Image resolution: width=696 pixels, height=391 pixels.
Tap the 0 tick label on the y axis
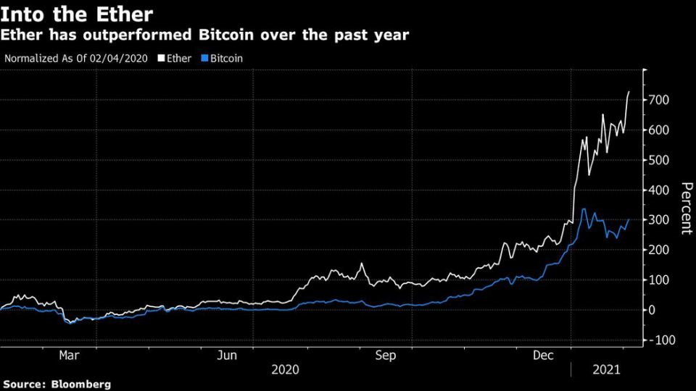(652, 310)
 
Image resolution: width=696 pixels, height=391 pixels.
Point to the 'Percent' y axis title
(684, 208)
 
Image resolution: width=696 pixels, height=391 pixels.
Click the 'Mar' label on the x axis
(69, 356)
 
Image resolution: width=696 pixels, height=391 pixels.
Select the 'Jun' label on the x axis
(228, 356)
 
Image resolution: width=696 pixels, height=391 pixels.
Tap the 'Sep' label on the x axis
(386, 356)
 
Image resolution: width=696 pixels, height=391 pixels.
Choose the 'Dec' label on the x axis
(544, 356)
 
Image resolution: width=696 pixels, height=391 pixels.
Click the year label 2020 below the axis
(285, 370)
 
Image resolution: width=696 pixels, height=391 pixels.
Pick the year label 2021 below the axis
(607, 370)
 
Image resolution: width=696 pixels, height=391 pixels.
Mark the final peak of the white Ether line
(629, 91)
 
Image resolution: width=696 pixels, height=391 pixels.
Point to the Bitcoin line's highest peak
(584, 209)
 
